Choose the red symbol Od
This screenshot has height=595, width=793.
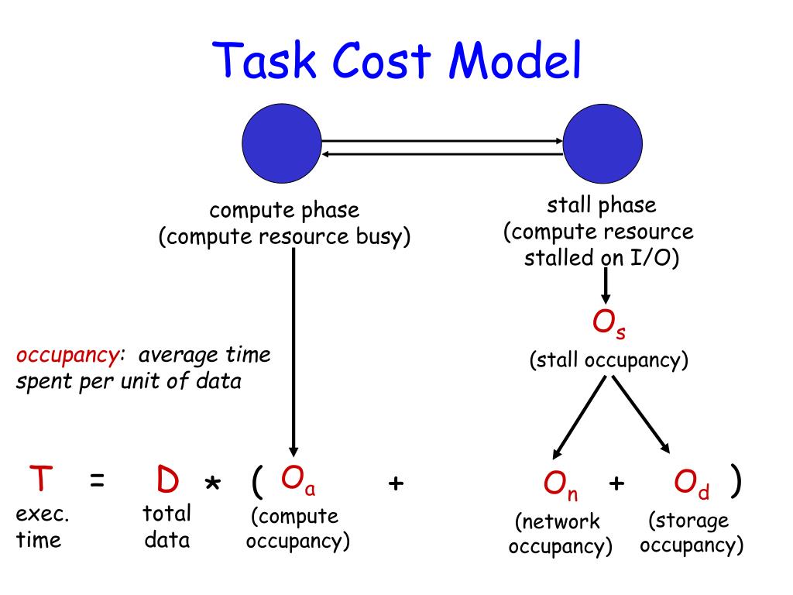692,484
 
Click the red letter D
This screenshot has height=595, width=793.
167,481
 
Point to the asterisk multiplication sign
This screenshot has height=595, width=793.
212,484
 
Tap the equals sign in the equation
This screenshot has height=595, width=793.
97,482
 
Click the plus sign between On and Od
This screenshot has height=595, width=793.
616,483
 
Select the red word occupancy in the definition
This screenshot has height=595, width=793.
67,355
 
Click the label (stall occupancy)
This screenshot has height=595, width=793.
609,360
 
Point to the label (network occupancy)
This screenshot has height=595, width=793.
560,533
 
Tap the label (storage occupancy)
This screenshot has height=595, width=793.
691,532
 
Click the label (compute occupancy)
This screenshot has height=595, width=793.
298,528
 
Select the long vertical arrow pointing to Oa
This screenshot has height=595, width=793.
294,349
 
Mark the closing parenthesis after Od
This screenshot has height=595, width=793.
736,482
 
